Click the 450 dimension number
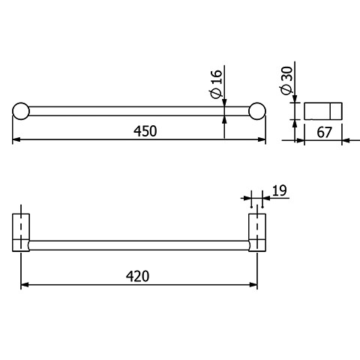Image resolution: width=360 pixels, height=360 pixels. point(145,131)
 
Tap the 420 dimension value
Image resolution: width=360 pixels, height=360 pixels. point(137,276)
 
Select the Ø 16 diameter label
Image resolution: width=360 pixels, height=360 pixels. point(215,83)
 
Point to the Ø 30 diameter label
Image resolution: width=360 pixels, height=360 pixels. point(286,80)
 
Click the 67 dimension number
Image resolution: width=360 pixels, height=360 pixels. point(324,132)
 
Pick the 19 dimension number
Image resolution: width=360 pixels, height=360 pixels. point(279,190)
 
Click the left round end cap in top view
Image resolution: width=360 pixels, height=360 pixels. point(21,111)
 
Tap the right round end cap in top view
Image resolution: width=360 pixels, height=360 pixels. point(257,111)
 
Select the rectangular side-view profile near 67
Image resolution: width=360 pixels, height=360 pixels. point(323,111)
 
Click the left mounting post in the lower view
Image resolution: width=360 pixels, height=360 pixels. point(21,232)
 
